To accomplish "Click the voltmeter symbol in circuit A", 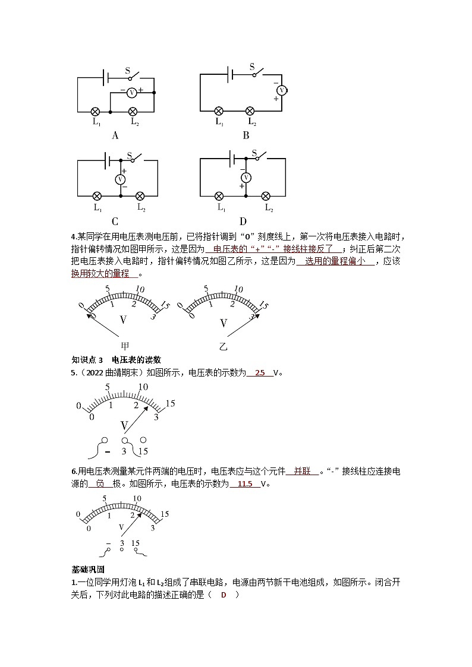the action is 132,93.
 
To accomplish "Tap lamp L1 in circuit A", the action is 95,111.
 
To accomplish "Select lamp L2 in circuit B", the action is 250,111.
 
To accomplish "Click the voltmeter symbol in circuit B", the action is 282,90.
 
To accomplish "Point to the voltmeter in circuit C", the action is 121,178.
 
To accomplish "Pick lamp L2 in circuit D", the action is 266,195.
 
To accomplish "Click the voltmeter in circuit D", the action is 244,177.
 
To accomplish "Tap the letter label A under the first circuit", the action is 115,135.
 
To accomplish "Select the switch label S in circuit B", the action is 251,67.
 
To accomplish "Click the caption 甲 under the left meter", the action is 125,346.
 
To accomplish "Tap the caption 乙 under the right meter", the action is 224,346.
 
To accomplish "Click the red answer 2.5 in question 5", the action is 260,373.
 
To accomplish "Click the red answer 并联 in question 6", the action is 303,472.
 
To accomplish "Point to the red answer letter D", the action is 224,595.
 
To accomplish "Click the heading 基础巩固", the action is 88,569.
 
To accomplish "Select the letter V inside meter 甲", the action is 124,320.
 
